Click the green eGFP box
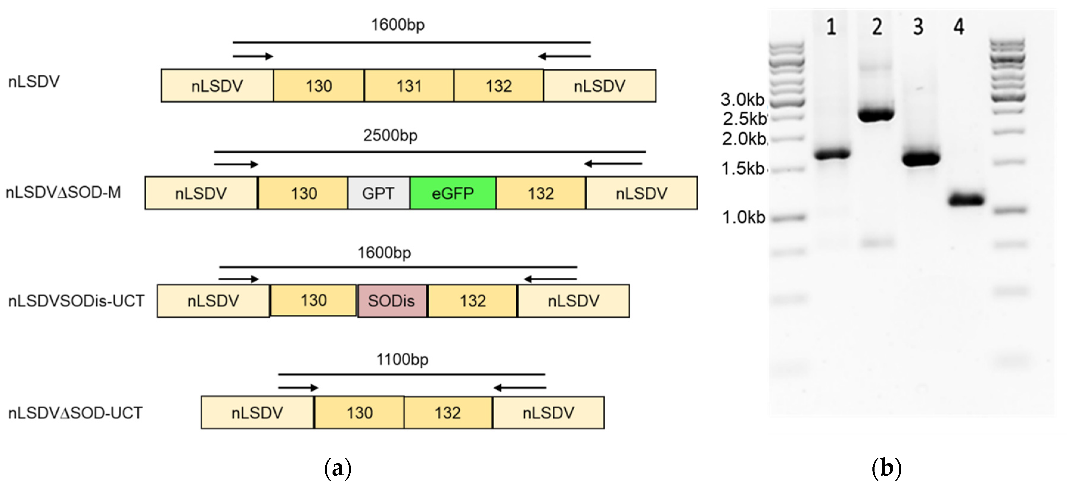pyautogui.click(x=452, y=193)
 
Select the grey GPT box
pyautogui.click(x=378, y=193)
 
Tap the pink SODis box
pyautogui.click(x=392, y=301)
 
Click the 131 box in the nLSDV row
pyautogui.click(x=409, y=86)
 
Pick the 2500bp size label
pyautogui.click(x=390, y=135)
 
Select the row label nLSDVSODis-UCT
pyautogui.click(x=76, y=301)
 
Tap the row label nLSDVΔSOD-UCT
pyautogui.click(x=75, y=413)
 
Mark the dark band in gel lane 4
pyautogui.click(x=966, y=200)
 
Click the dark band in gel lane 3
pyautogui.click(x=921, y=158)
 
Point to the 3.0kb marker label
pyautogui.click(x=742, y=99)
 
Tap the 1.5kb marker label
pyautogui.click(x=743, y=168)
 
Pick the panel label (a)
pyautogui.click(x=338, y=468)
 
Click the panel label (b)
pyautogui.click(x=886, y=468)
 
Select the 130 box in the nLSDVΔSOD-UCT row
pyautogui.click(x=359, y=413)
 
